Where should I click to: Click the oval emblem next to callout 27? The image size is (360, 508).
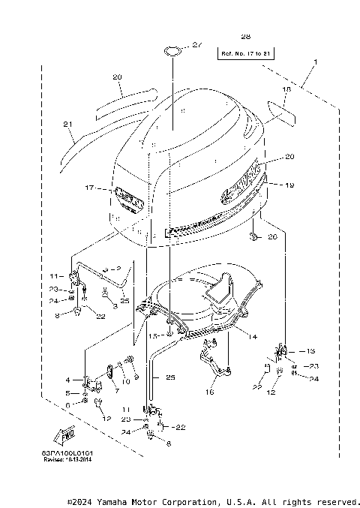(x=172, y=51)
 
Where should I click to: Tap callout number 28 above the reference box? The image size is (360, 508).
(x=245, y=37)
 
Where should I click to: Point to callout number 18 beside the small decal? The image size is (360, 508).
(x=285, y=89)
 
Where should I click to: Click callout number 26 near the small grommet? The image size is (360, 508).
(x=271, y=237)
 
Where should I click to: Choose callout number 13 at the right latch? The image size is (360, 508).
(x=311, y=350)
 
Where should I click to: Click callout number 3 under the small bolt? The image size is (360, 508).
(x=114, y=307)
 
